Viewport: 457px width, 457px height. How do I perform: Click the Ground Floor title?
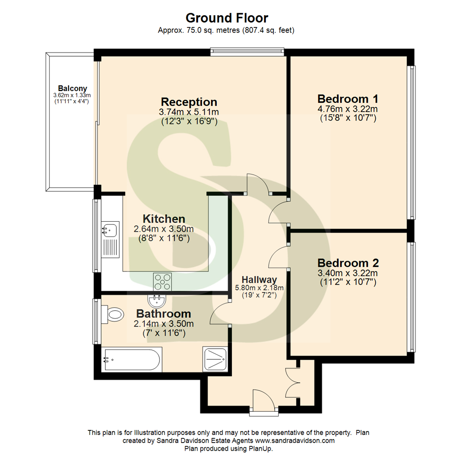pos(227,18)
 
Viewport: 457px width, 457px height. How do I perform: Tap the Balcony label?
pos(72,88)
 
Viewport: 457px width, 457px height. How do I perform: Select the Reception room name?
pos(189,102)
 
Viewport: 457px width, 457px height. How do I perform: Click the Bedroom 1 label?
pos(347,99)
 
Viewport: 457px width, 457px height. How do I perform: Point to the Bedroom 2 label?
pos(348,262)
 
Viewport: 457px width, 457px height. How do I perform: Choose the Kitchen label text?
pos(164,219)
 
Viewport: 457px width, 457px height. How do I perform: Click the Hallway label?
pos(259,279)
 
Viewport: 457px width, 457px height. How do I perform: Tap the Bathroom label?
pos(163,314)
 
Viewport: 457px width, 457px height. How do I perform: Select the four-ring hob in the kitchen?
pos(162,282)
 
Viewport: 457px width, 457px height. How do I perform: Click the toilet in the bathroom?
pos(114,314)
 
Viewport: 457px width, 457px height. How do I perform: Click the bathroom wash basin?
pos(156,301)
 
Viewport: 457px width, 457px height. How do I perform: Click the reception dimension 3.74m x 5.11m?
pos(189,113)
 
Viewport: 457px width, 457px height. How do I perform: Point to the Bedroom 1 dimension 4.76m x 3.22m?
pos(347,109)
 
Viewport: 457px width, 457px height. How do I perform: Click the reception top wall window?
pos(247,52)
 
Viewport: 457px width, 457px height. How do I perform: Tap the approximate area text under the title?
pos(226,30)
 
